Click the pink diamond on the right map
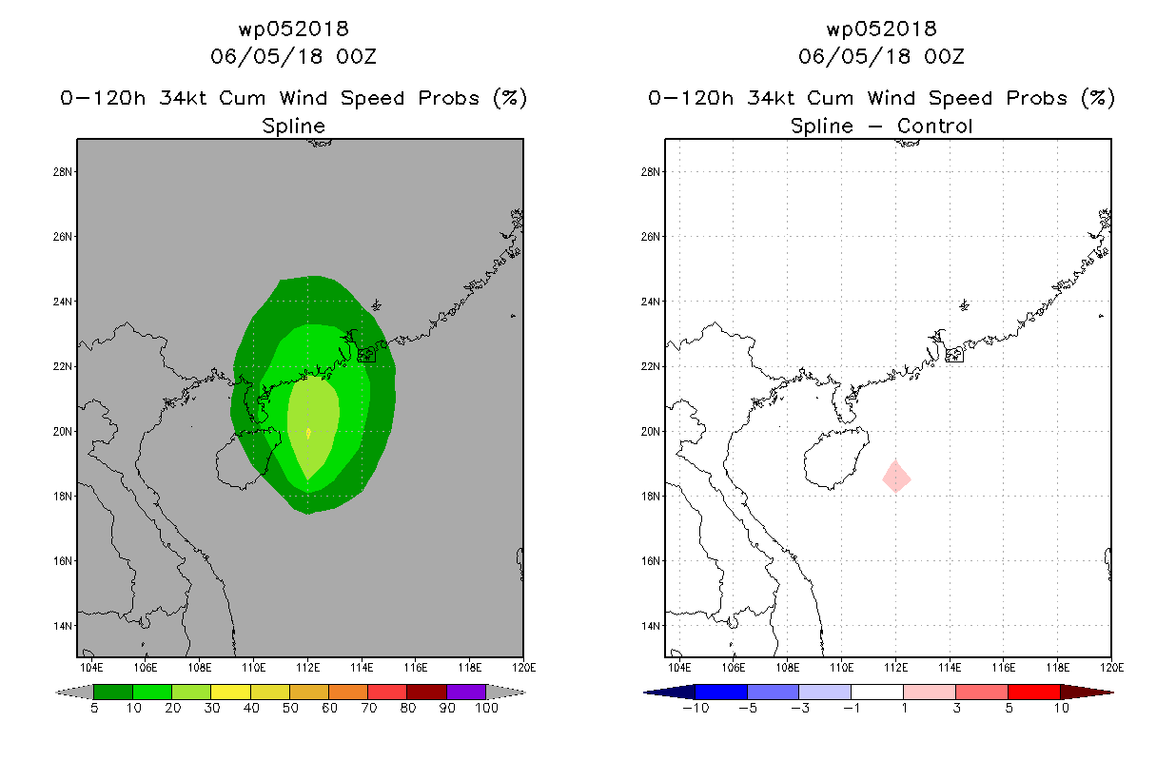pos(896,477)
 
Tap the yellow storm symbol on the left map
pos(308,433)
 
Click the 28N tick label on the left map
pos(62,172)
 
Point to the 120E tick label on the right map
pos(1111,668)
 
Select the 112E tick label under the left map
pos(307,668)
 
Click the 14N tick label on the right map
pos(650,626)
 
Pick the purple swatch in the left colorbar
pos(466,692)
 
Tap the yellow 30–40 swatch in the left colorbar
pos(230,692)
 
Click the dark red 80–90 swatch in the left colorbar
pos(427,692)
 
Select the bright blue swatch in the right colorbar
pos(721,692)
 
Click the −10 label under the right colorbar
pos(696,708)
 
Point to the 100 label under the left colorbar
pos(486,708)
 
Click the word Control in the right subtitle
pos(934,126)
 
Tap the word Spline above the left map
pos(293,127)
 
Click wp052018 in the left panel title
pos(293,29)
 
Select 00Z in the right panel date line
pos(944,56)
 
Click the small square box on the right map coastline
pos(954,356)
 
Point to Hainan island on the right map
pos(834,458)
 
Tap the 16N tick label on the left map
pos(62,561)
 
